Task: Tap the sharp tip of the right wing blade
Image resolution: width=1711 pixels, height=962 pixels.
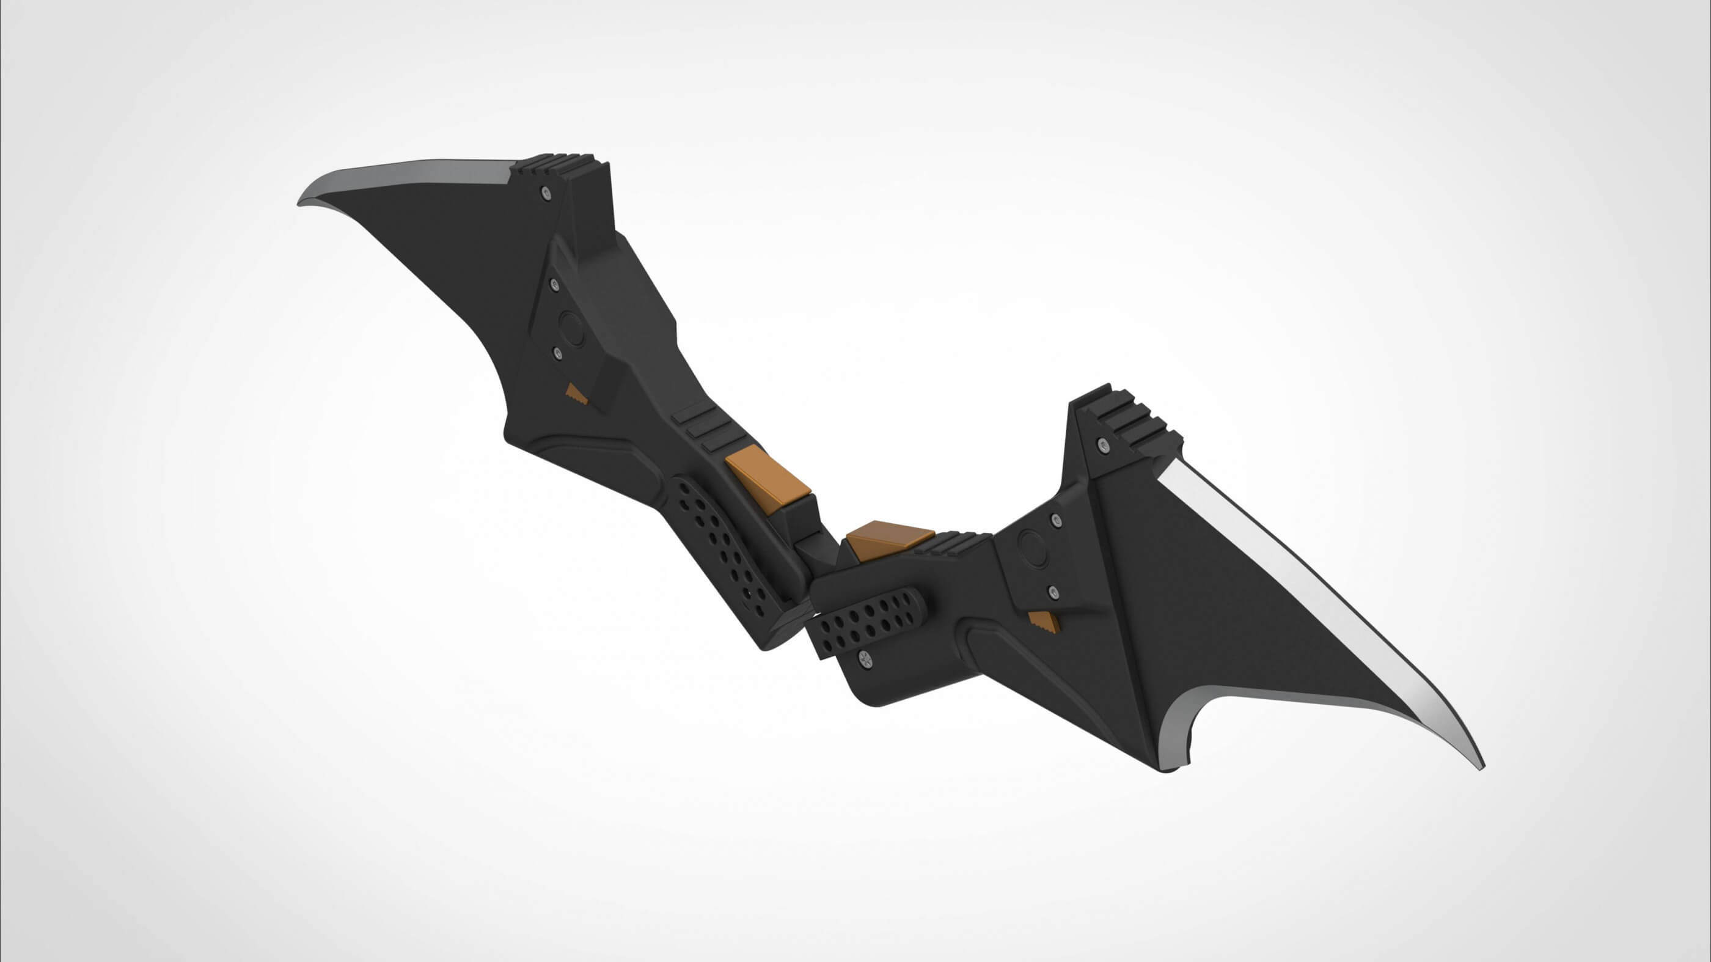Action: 1482,768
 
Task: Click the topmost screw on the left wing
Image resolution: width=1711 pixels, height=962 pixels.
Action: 545,193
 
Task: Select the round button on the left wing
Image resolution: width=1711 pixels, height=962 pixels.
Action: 571,327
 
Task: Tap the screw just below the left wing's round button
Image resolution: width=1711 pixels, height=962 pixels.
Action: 557,353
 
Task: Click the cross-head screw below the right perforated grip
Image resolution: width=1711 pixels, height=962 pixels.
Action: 863,658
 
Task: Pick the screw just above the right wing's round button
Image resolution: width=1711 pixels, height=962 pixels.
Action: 1055,520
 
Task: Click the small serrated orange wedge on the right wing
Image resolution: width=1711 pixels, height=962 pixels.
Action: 1044,623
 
